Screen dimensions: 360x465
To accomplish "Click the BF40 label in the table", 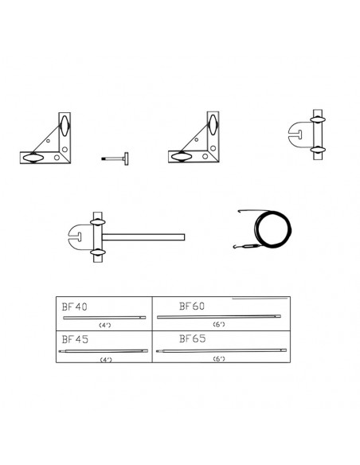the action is [74, 307].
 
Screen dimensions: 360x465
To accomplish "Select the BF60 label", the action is [192, 306].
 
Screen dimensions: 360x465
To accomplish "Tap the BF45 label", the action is [75, 339].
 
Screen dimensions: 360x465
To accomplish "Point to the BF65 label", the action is [193, 338].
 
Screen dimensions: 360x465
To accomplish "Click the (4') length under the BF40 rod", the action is [104, 325].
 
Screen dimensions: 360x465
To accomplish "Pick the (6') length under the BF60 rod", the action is [219, 324].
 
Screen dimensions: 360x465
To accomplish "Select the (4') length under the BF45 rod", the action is [106, 360].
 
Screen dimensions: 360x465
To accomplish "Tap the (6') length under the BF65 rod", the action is [219, 359].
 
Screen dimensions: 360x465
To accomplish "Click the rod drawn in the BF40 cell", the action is [104, 318].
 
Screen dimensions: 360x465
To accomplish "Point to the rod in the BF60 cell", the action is [218, 317].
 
